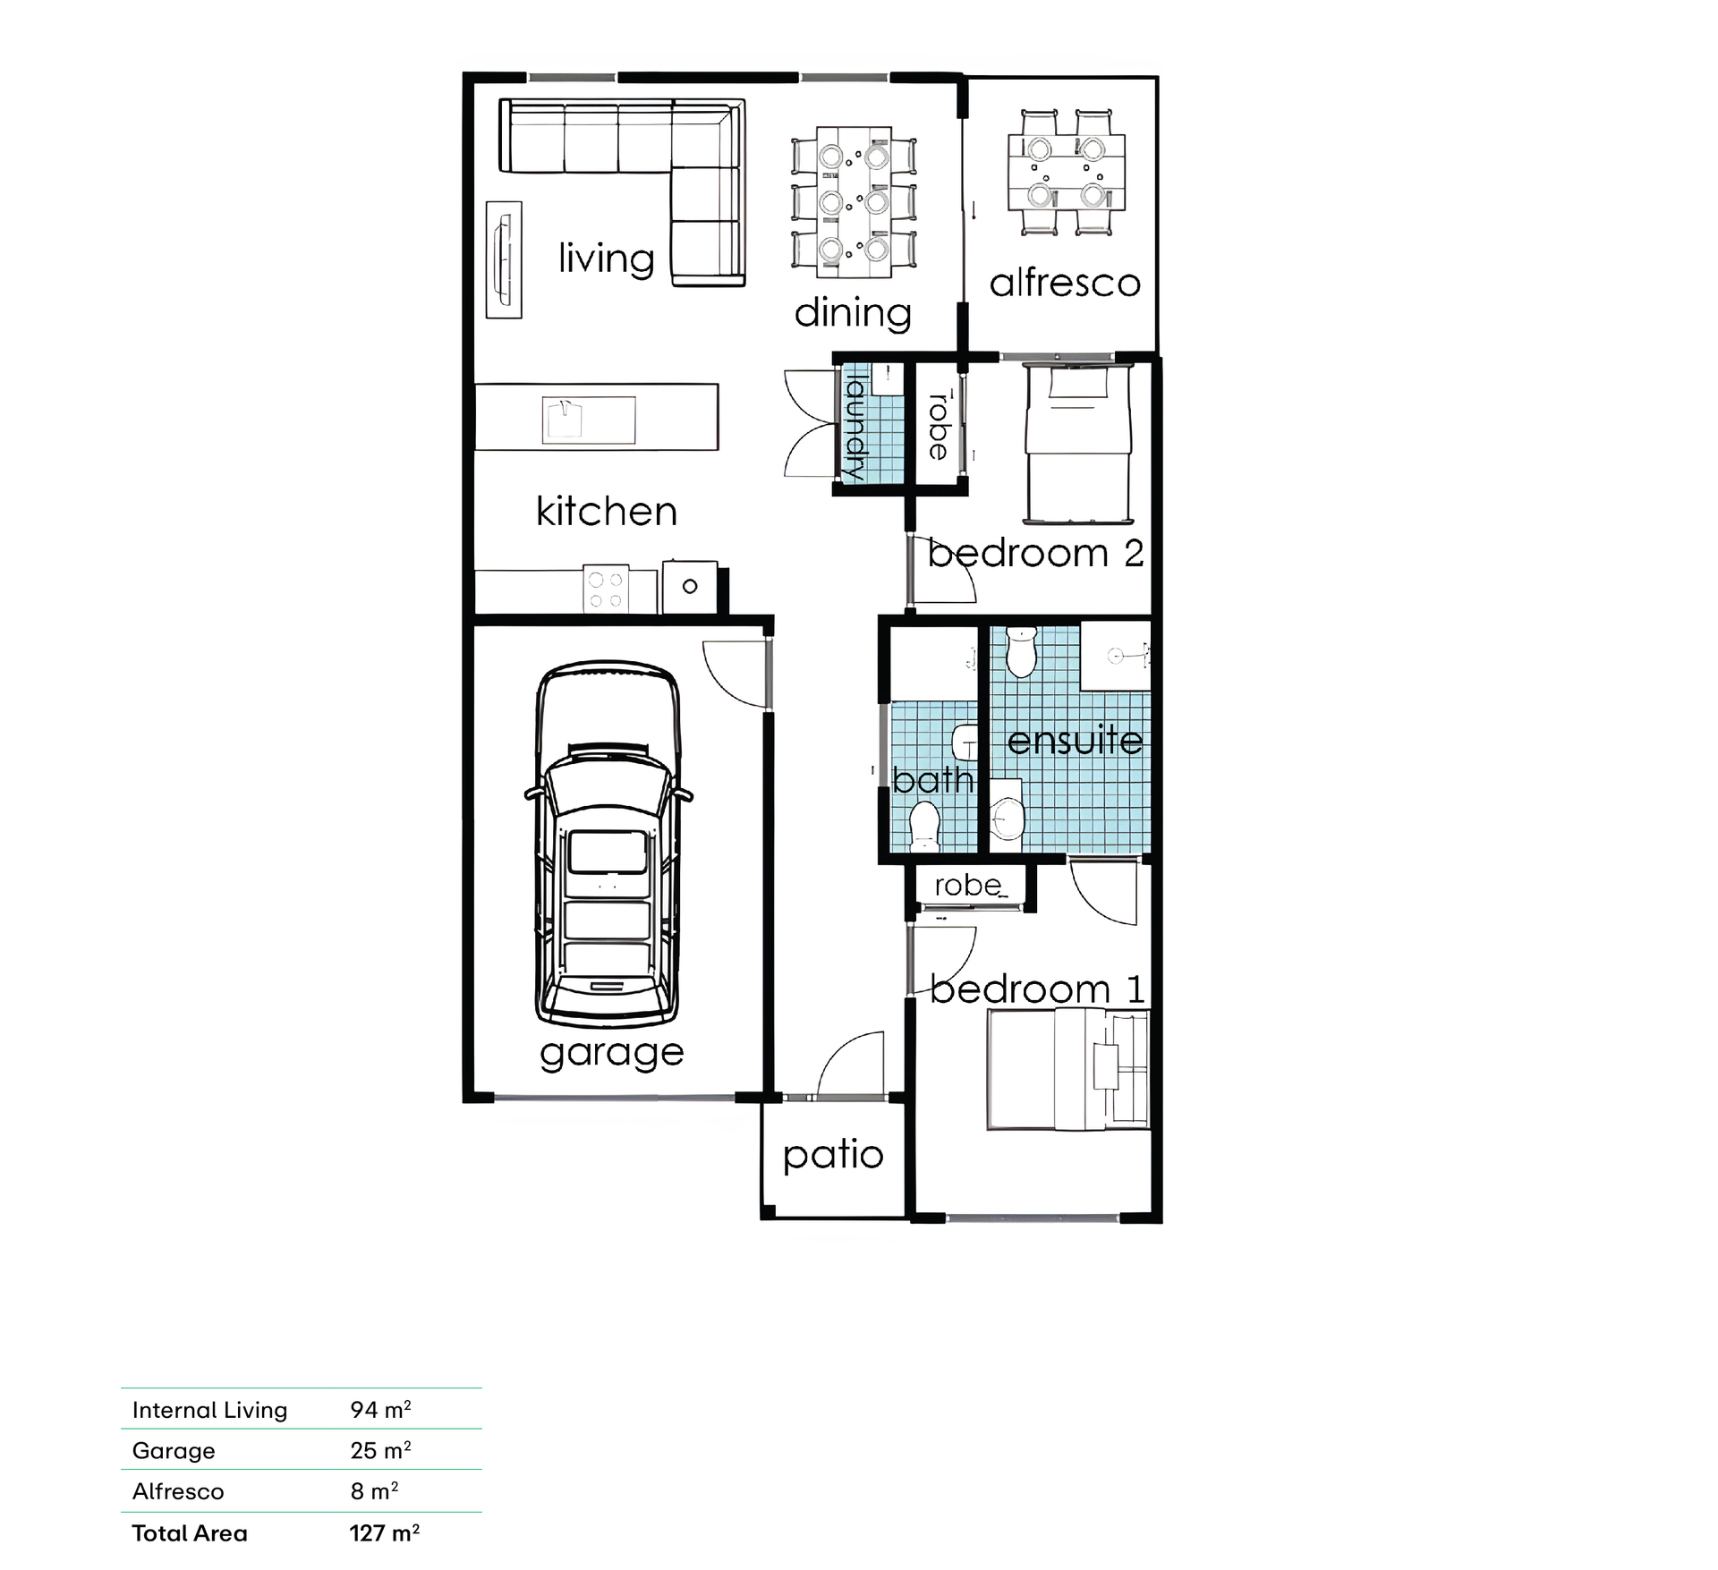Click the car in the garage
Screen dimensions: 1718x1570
pyautogui.click(x=608, y=844)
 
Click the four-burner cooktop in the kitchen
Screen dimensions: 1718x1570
pyautogui.click(x=606, y=590)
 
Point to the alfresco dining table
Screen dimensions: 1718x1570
pyautogui.click(x=1066, y=173)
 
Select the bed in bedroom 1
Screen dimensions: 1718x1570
pyautogui.click(x=1068, y=1070)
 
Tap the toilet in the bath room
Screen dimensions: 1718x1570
pyautogui.click(x=923, y=826)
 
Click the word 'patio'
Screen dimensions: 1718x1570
pyautogui.click(x=833, y=1156)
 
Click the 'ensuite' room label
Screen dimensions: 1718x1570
pyautogui.click(x=1075, y=740)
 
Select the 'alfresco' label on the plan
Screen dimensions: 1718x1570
pyautogui.click(x=1065, y=283)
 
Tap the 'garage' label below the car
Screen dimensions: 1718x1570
pyautogui.click(x=612, y=1054)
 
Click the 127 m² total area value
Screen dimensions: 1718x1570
pyautogui.click(x=385, y=1533)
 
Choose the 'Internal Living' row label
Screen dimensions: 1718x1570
pyautogui.click(x=210, y=1410)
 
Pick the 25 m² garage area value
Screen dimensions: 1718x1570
pyautogui.click(x=380, y=1450)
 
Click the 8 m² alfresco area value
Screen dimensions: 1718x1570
pyautogui.click(x=374, y=1491)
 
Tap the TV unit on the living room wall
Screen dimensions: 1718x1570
pyautogui.click(x=504, y=259)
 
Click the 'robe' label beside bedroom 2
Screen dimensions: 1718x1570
pyautogui.click(x=939, y=426)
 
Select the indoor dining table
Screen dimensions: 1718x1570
pyautogui.click(x=855, y=202)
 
